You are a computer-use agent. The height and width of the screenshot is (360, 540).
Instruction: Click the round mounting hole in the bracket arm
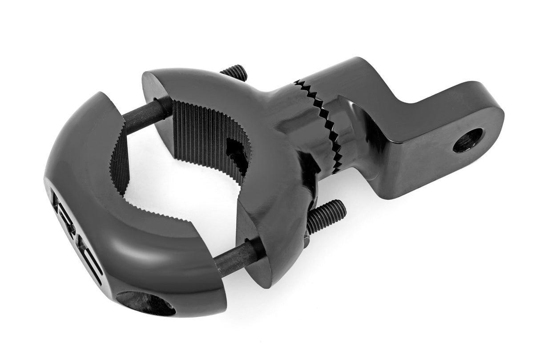467,140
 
